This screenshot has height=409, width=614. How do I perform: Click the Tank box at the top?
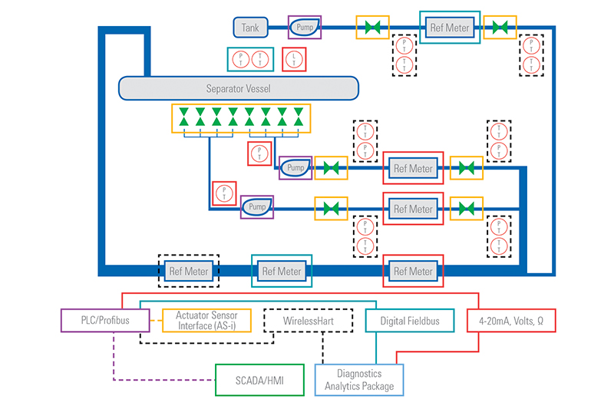pos(250,28)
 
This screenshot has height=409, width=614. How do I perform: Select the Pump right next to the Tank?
pos(304,28)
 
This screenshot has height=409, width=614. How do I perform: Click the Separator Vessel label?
pos(238,88)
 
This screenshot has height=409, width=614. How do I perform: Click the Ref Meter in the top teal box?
pos(449,28)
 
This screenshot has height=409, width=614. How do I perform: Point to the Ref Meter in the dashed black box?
pos(188,271)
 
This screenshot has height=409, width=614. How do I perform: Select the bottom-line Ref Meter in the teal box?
pos(282,271)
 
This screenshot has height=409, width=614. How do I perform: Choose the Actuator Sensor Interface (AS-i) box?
pos(206,321)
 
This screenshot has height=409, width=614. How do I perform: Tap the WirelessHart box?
pos(307,321)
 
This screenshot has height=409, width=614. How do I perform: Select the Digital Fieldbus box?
pos(410,321)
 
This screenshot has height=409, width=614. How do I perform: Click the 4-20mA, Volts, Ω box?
pos(511,321)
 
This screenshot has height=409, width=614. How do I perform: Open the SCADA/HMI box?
pos(258,380)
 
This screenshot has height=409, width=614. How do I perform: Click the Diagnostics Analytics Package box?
pos(359,380)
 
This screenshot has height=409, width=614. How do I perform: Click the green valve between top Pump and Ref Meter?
pos(373,28)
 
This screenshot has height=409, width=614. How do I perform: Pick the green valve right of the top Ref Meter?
pos(500,28)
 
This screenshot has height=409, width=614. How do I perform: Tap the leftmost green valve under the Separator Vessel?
pos(183,117)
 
